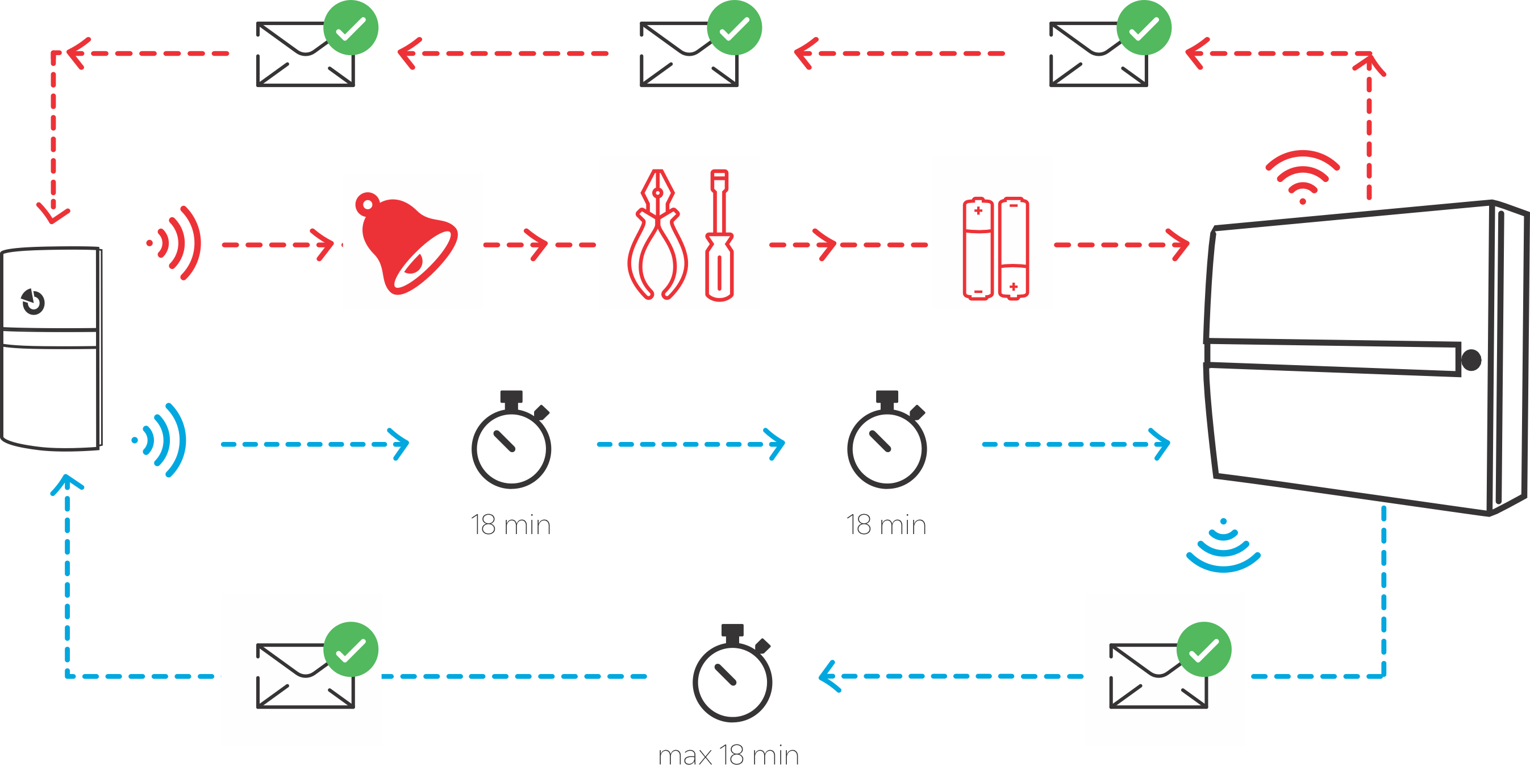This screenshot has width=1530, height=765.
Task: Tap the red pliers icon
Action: tap(657, 235)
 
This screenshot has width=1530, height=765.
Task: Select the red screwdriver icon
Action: tap(719, 235)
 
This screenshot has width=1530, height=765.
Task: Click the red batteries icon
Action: tap(995, 249)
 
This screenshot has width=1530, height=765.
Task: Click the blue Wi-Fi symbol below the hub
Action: tap(1223, 547)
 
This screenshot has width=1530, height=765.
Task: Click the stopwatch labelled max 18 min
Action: tap(732, 677)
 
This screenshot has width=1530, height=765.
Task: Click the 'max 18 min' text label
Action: tap(728, 754)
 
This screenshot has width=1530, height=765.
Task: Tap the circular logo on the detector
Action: tap(34, 301)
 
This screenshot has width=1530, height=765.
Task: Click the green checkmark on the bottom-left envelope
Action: tap(351, 650)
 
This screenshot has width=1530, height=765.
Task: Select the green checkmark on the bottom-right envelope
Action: tap(1204, 650)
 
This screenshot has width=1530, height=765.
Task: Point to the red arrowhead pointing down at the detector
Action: tap(53, 214)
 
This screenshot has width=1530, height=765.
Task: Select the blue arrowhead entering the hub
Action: tap(1162, 444)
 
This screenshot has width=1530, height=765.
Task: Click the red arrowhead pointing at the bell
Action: tap(326, 245)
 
